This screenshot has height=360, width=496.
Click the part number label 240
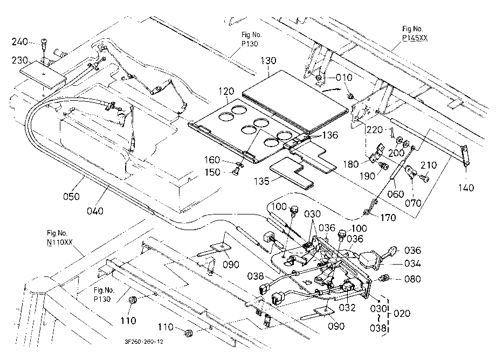coord(19,41)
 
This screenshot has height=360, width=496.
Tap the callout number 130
coord(268,60)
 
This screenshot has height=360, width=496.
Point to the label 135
coord(261,182)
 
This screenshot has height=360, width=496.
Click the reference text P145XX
coord(415,38)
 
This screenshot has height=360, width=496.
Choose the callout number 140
coord(466,188)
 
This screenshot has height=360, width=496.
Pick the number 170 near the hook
coord(388,217)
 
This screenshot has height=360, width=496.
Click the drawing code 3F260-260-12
coord(144,342)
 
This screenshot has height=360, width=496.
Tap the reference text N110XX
coord(60,242)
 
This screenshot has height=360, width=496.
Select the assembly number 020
coord(402,314)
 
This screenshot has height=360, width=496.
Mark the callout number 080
coord(412,279)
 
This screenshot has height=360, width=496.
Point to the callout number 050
coord(72,197)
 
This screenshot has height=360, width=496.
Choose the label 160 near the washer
coord(212,160)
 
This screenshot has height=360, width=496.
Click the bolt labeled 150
coord(235,172)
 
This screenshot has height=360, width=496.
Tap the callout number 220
coord(375,129)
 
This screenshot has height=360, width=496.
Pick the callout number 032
coord(347,307)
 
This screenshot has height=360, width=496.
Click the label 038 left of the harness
coord(256,276)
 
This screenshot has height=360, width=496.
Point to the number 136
coord(330,135)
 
